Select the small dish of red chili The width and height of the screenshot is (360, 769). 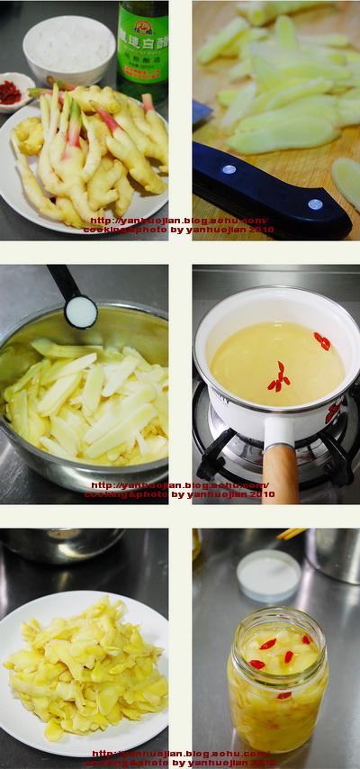tap(15, 90)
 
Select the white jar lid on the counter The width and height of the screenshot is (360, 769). tap(268, 574)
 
